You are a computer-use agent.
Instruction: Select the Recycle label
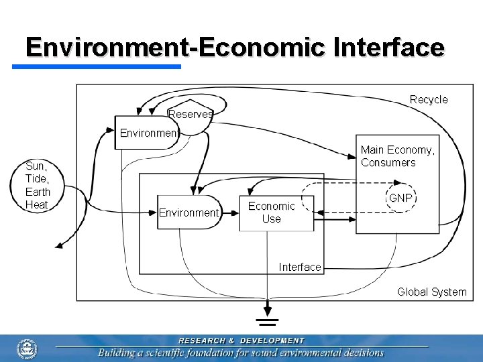click(429, 99)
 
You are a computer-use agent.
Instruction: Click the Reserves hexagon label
click(191, 114)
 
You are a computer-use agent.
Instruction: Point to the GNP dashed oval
click(400, 198)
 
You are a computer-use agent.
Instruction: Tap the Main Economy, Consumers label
click(397, 156)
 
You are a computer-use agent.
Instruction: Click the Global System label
click(431, 292)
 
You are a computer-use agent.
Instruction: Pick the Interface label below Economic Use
click(299, 267)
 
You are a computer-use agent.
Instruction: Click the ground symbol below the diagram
click(268, 315)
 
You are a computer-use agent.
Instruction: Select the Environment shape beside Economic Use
click(189, 213)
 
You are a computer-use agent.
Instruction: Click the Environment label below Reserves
click(148, 133)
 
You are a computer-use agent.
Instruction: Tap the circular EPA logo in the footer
click(27, 349)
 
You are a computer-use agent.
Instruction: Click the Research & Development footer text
click(241, 341)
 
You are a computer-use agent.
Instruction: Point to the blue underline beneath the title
click(97, 66)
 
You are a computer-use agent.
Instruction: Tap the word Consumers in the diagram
click(388, 163)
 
